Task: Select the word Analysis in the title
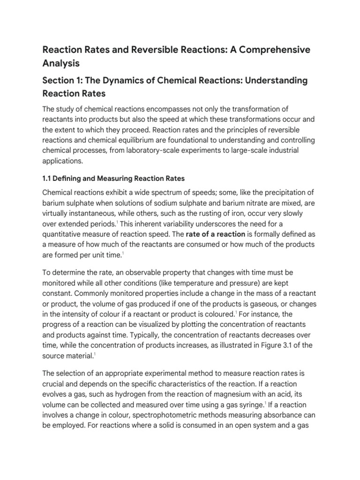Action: pos(61,63)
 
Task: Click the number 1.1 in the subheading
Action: pos(48,178)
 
